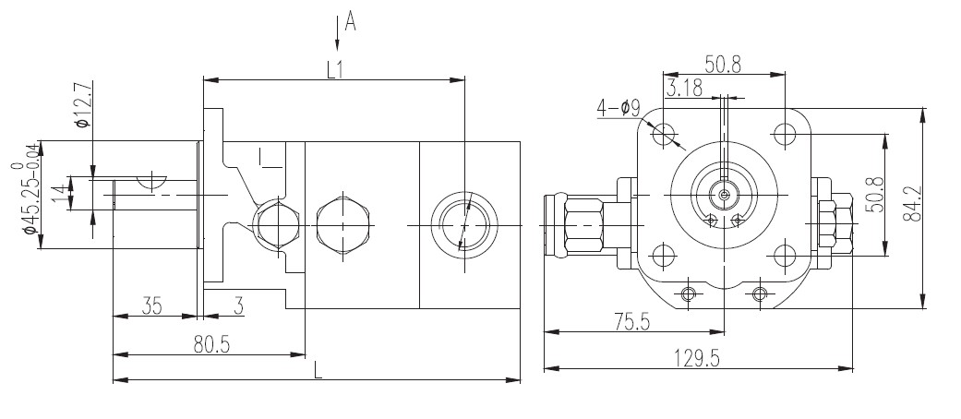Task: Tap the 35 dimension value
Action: [152, 305]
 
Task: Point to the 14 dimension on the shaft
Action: [61, 196]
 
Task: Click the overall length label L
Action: [318, 370]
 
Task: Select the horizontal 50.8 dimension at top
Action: [725, 64]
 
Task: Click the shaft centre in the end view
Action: [726, 195]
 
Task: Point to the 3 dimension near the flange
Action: [238, 305]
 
